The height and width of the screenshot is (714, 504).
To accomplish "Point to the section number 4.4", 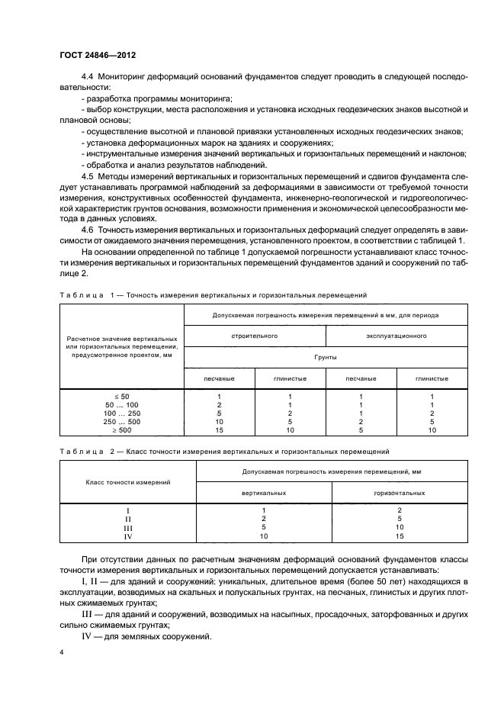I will tap(86, 79).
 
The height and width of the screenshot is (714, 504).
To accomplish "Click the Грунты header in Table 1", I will tap(326, 356).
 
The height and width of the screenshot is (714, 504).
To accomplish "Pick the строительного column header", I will tap(255, 335).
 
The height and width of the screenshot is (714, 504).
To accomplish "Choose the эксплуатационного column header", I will tap(396, 335).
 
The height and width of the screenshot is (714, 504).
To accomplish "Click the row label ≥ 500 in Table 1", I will tap(122, 429).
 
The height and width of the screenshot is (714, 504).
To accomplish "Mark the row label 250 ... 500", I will tap(122, 421).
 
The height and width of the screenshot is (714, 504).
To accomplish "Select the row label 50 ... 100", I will tap(122, 404).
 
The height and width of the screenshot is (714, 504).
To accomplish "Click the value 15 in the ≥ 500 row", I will tap(219, 429).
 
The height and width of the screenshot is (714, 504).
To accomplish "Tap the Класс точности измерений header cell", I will tap(128, 482).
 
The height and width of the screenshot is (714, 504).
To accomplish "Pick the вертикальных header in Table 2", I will tap(263, 493).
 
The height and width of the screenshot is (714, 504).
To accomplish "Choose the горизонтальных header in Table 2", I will tap(399, 493).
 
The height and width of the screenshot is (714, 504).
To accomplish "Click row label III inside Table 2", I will tap(127, 527).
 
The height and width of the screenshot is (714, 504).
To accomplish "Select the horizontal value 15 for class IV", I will tap(399, 535).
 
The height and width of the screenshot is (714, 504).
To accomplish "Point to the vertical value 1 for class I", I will tap(263, 510).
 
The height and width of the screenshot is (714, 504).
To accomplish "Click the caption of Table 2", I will tap(225, 452).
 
